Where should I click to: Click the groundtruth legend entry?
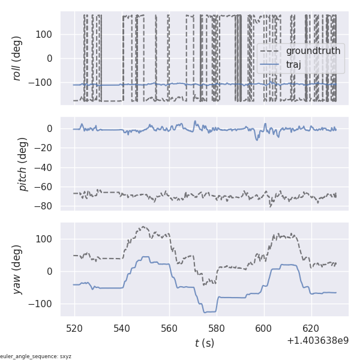click(x=313, y=51)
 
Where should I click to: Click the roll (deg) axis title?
click(x=17, y=58)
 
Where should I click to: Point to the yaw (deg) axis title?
click(x=17, y=269)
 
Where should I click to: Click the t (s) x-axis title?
click(x=204, y=343)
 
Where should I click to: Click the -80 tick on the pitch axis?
click(x=46, y=206)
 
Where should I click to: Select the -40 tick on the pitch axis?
click(x=46, y=167)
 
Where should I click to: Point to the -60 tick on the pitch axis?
click(x=46, y=187)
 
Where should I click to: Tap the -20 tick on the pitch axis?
click(x=46, y=148)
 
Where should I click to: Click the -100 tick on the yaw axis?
click(x=42, y=304)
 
